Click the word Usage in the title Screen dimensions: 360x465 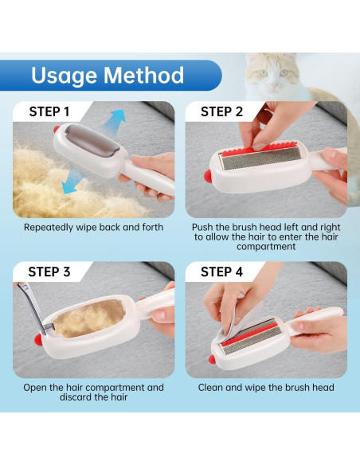coord(64,76)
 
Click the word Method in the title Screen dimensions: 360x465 coord(144,75)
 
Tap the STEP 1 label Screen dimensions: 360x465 coord(49,111)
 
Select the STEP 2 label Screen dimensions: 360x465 coord(221,111)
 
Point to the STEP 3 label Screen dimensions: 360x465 coord(49,272)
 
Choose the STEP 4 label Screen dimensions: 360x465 coord(221,272)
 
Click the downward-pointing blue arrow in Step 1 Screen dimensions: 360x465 coord(72,182)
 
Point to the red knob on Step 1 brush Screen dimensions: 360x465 coord(57,129)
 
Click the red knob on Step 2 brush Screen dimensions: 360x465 coord(208,175)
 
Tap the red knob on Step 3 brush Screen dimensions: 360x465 coord(38,339)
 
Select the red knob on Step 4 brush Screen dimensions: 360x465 coord(212,359)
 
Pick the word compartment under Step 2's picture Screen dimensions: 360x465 coord(266,247)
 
